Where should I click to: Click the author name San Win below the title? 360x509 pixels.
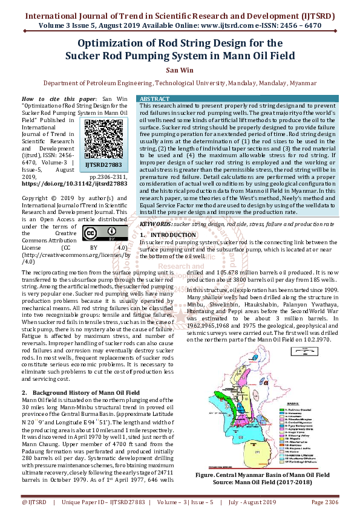[x=179, y=70]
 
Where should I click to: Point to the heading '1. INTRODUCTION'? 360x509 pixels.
[x=164, y=234]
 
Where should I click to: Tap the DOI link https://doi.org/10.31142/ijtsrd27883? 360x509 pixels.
[x=74, y=184]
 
